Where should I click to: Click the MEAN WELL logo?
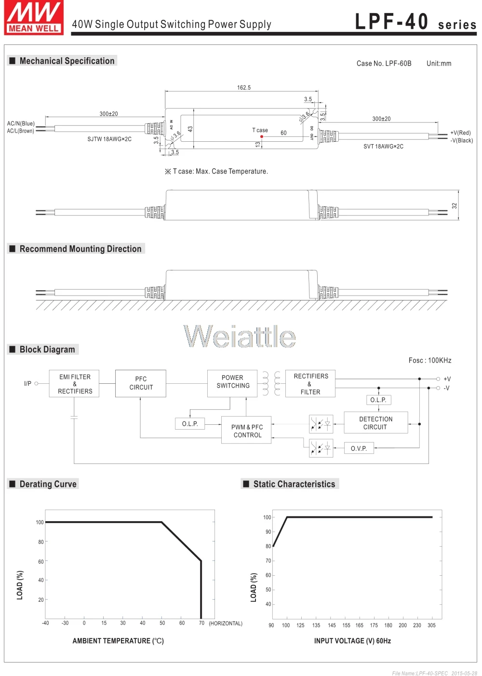click(x=34, y=17)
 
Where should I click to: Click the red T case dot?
click(x=262, y=137)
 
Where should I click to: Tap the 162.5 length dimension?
click(x=244, y=88)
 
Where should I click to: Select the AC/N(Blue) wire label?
click(x=21, y=123)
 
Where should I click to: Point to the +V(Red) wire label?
click(x=460, y=133)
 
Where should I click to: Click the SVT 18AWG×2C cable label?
click(x=383, y=147)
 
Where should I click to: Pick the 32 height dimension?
click(x=454, y=206)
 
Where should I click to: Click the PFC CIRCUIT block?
click(x=141, y=383)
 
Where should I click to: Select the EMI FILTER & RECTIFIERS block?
click(x=74, y=384)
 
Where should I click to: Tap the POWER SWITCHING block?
click(x=232, y=383)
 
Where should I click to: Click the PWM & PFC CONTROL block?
click(x=246, y=430)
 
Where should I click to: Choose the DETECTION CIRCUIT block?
click(x=376, y=422)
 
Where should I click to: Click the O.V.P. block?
click(x=359, y=448)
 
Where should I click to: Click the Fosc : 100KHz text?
click(x=430, y=360)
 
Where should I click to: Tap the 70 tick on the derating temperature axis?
click(x=201, y=622)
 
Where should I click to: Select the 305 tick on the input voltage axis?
click(x=431, y=625)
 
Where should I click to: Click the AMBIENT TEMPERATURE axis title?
click(x=118, y=640)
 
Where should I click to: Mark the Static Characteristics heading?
click(x=294, y=484)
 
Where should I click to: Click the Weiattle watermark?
click(x=240, y=336)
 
